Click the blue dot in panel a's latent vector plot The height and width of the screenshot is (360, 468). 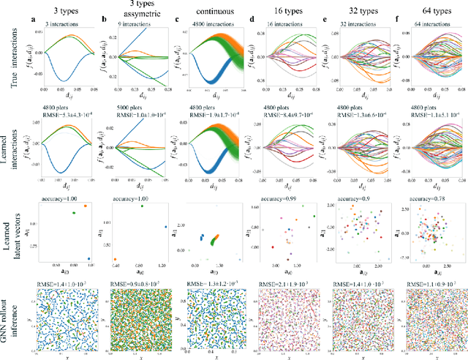[x=88, y=258]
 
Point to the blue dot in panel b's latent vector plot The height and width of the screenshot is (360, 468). [x=165, y=226]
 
